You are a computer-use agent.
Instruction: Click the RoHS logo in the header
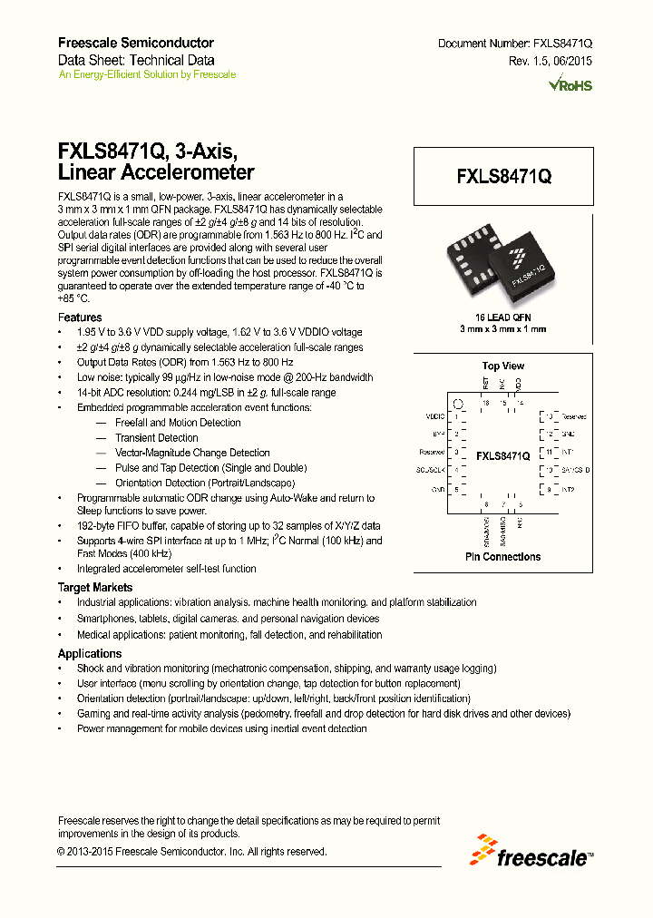coord(570,85)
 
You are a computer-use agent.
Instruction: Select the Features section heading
coord(80,317)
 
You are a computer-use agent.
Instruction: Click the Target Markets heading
coord(95,588)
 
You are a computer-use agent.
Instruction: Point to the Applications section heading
coord(90,653)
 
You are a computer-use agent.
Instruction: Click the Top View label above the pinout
coord(502,366)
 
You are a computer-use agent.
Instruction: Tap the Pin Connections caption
coord(502,556)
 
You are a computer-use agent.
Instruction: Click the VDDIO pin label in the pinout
coord(436,416)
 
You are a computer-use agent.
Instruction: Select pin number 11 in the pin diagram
coord(548,452)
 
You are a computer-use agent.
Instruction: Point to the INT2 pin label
coord(569,489)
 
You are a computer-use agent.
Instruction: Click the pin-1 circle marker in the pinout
coord(459,405)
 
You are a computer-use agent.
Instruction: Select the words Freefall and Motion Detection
coord(177,423)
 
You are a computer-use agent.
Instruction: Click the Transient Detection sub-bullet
coord(156,437)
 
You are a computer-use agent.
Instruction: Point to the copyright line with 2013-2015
coord(191,852)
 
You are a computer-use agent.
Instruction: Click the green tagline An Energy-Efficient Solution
coord(147,74)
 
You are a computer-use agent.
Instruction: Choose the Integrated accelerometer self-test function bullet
coord(166,569)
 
